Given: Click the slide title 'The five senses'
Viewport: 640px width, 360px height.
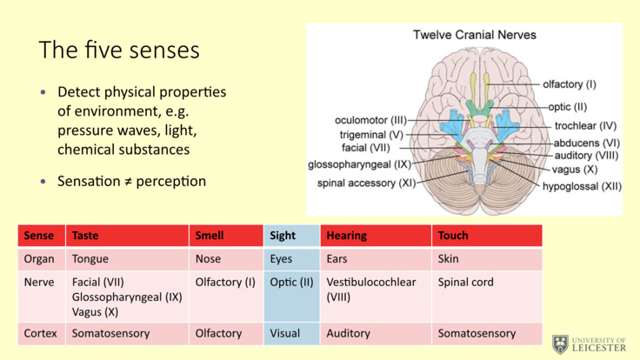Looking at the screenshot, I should [119, 50].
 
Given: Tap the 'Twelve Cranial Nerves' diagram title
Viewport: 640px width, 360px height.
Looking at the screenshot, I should [474, 35].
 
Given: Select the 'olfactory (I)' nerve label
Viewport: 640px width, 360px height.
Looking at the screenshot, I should [570, 84].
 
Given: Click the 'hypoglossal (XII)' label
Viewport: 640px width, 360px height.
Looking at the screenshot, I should [582, 186].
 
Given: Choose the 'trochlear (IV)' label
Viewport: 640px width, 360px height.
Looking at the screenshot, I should [585, 125].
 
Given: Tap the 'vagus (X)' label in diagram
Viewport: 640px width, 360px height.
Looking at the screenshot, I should [578, 170].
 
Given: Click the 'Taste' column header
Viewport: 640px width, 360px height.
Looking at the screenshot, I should [85, 236].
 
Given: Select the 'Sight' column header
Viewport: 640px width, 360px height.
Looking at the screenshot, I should [283, 236].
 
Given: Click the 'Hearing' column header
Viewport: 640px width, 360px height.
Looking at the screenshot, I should [346, 236].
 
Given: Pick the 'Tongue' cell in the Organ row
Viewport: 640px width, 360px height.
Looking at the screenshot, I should [90, 259].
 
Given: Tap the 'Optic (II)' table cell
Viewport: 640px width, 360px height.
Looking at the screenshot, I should [291, 283].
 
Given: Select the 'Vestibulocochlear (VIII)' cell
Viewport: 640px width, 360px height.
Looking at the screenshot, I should [370, 290].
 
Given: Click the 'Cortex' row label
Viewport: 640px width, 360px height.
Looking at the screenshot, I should [41, 333].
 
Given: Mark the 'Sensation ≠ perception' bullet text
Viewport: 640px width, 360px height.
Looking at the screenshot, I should [131, 182].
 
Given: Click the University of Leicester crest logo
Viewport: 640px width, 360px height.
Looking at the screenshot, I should [561, 343].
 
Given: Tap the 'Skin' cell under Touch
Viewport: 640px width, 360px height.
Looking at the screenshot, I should [449, 259].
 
